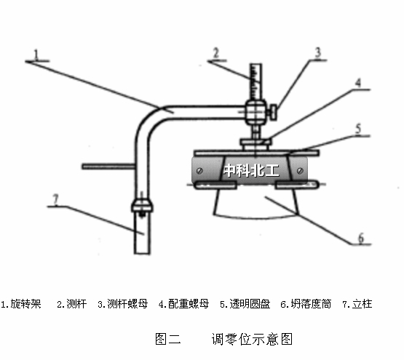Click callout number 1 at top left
(x=36, y=55)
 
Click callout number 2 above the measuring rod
(x=216, y=53)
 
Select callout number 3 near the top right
(x=318, y=52)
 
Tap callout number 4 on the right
(x=358, y=83)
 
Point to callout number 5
(x=358, y=129)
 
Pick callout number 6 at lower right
(x=362, y=238)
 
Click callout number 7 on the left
(x=55, y=199)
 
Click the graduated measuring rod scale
(x=256, y=82)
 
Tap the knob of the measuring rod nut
(x=274, y=112)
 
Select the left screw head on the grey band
(x=199, y=170)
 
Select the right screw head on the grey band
(x=300, y=170)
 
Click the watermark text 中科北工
(x=251, y=170)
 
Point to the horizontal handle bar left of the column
(x=108, y=167)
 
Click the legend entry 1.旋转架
(x=21, y=304)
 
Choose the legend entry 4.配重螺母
(x=183, y=304)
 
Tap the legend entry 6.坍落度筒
(x=306, y=304)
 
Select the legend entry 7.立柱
(x=357, y=304)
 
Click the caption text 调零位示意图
(x=252, y=339)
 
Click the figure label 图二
(x=168, y=339)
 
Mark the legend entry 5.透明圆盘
(x=245, y=304)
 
